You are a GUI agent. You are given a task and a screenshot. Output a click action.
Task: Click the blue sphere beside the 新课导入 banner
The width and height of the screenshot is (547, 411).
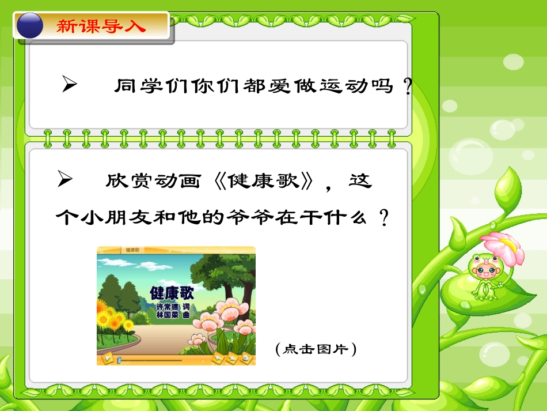(29, 27)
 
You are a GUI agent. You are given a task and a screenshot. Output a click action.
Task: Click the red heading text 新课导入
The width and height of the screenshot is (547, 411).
(101, 27)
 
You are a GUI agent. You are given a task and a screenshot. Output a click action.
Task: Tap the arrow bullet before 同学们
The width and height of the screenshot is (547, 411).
(69, 85)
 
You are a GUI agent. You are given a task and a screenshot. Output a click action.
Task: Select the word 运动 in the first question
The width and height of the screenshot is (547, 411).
(337, 86)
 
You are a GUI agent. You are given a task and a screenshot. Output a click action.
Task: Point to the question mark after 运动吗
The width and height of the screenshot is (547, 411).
(407, 86)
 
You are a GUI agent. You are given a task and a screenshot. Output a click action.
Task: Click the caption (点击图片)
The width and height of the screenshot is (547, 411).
(316, 349)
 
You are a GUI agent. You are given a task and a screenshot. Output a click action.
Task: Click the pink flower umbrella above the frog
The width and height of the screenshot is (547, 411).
(503, 246)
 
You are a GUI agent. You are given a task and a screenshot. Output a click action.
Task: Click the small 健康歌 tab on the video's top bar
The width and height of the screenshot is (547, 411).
(133, 250)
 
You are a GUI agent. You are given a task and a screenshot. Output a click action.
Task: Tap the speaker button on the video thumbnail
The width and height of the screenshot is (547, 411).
(246, 358)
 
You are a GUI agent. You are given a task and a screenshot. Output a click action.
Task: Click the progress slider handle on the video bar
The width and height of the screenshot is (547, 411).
(119, 360)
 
